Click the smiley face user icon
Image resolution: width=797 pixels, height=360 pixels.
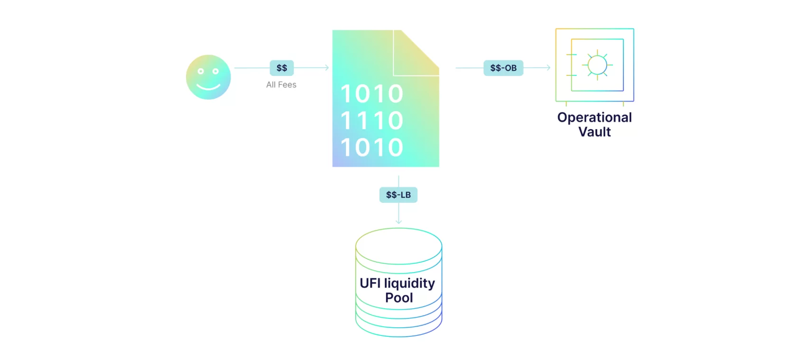coord(208,77)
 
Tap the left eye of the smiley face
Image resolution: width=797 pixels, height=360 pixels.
coord(201,71)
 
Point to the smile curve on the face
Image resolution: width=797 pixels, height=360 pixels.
coord(208,87)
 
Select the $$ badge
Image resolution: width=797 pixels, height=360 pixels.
coord(282,68)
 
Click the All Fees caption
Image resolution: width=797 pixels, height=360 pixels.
coord(281,85)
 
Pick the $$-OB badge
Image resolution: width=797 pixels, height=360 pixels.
coord(503,68)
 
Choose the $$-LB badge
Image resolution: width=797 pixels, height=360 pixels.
coord(398,195)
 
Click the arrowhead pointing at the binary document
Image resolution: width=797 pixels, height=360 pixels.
coord(326,68)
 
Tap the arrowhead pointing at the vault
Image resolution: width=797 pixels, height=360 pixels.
coord(548,68)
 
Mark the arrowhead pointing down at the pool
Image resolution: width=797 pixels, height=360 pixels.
coord(398,221)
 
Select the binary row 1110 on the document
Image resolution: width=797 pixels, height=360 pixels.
coord(372,120)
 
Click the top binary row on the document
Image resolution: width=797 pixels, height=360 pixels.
coord(372,94)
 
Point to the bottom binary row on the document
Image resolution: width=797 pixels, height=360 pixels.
coord(372,148)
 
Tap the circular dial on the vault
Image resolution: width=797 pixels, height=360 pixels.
coord(597,65)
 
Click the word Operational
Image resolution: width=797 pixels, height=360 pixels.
coord(594,117)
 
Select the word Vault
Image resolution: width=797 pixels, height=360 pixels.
coord(594,132)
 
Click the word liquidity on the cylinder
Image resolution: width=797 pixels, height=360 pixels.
coord(409,283)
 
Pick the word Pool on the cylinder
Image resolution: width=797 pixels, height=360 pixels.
coord(399,298)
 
